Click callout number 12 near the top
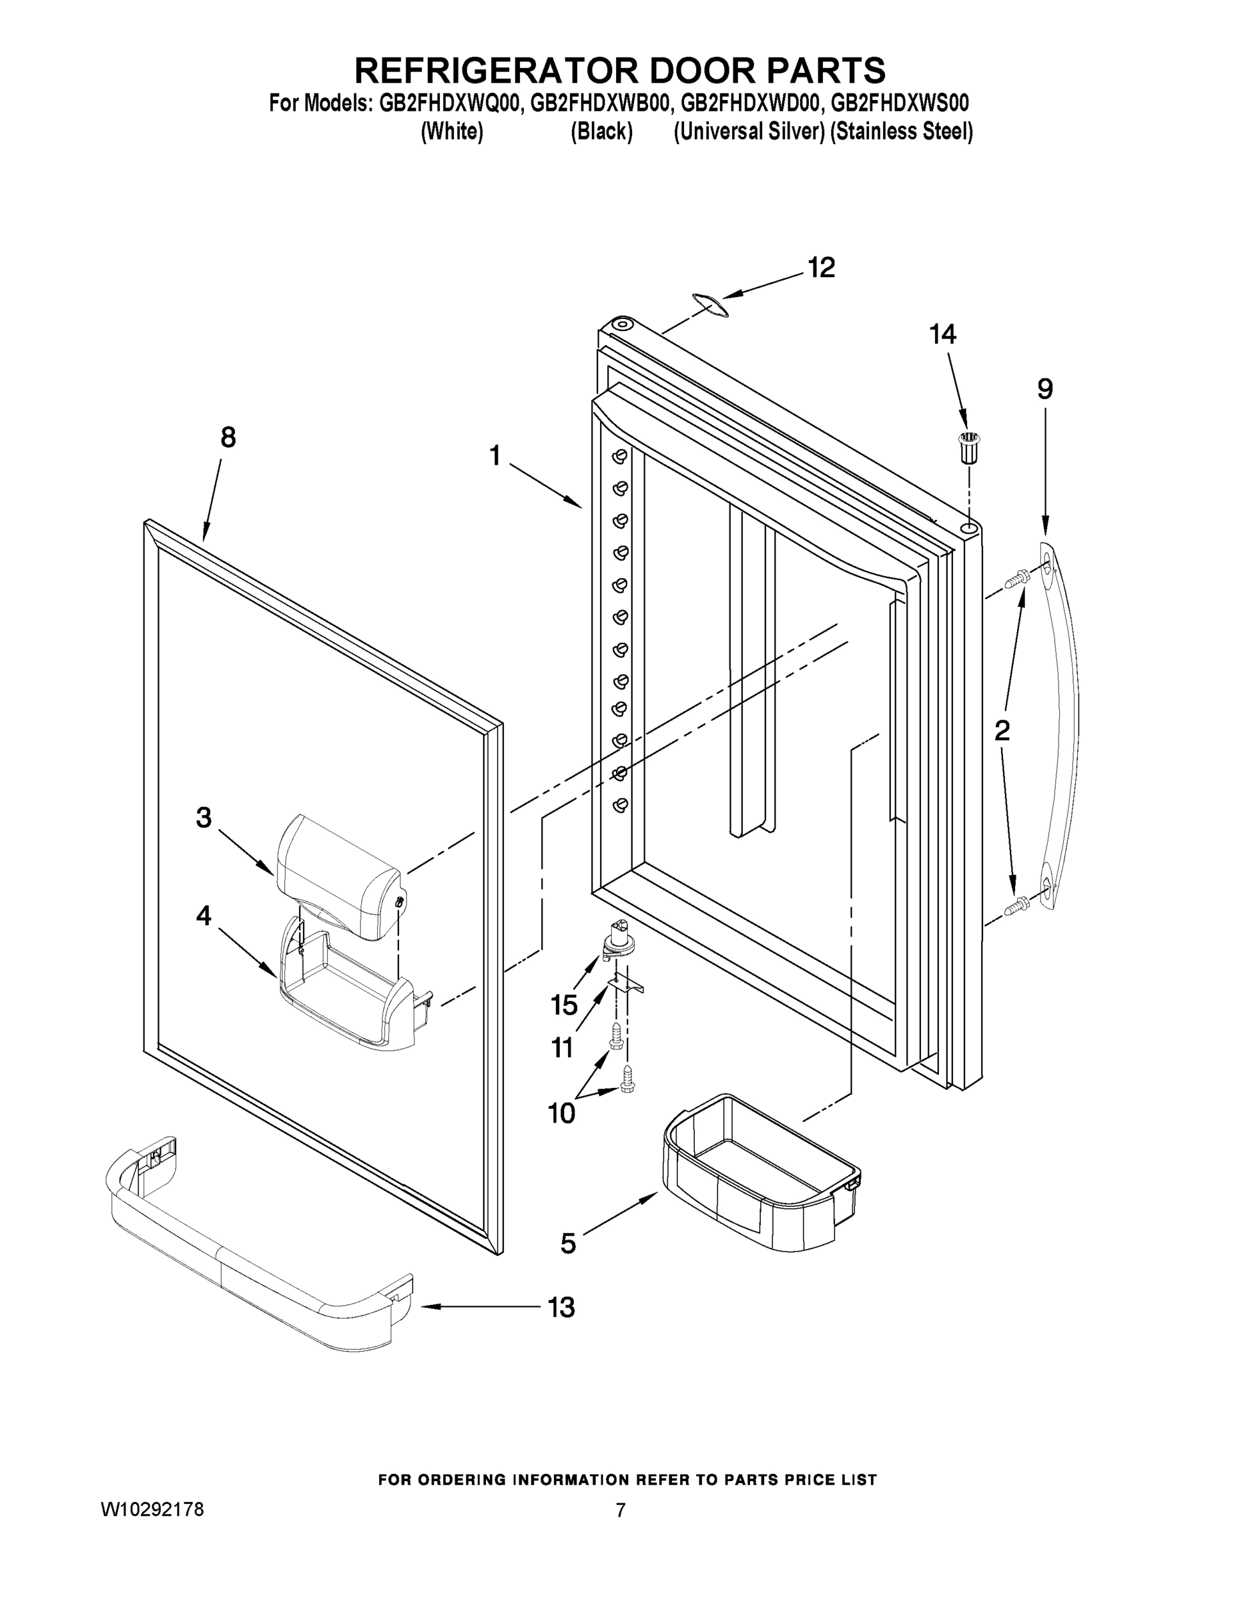tap(822, 268)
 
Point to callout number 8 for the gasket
tap(228, 438)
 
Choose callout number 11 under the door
tap(563, 1047)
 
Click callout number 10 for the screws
tap(562, 1113)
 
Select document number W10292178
tap(151, 1510)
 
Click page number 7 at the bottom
tap(620, 1510)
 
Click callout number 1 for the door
tap(495, 457)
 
